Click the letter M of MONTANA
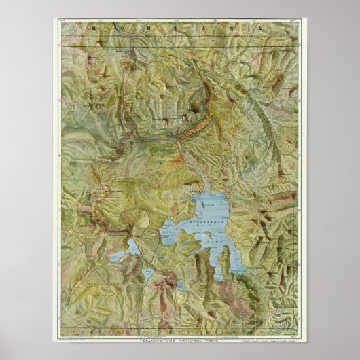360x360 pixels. pos(87,31)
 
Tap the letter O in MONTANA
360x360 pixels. pos(116,31)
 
